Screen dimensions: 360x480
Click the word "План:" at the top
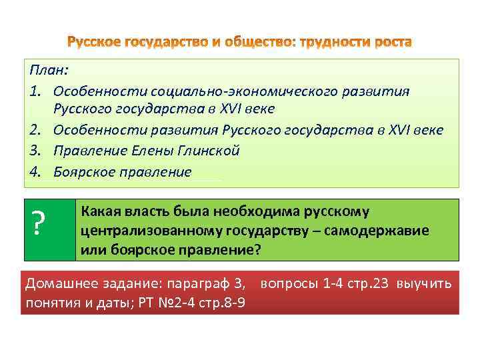point(43,71)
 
